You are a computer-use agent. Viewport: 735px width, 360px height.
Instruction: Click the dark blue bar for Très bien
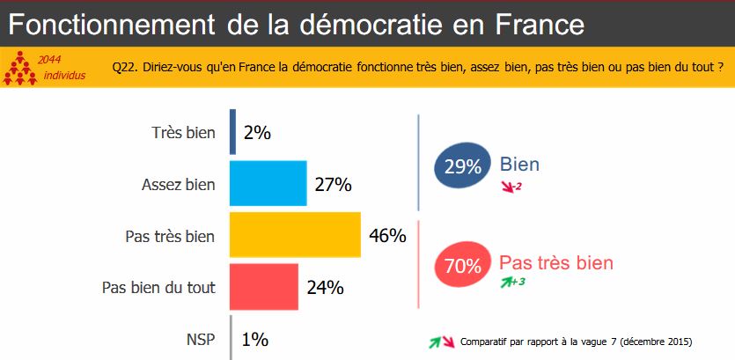pyautogui.click(x=232, y=132)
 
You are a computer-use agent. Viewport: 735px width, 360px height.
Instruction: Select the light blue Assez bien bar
pyautogui.click(x=268, y=184)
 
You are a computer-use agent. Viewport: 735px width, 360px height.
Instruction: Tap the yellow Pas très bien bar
pyautogui.click(x=295, y=235)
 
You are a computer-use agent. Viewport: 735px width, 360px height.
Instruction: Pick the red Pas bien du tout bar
pyautogui.click(x=264, y=286)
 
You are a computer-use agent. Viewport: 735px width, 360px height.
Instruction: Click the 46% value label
pyautogui.click(x=387, y=236)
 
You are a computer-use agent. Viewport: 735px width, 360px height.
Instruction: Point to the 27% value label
pyautogui.click(x=334, y=185)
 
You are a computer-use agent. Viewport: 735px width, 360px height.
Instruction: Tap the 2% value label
pyautogui.click(x=257, y=133)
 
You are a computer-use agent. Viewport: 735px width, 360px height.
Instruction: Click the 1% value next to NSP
pyautogui.click(x=254, y=338)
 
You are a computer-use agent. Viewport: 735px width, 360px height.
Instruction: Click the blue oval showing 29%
pyautogui.click(x=461, y=165)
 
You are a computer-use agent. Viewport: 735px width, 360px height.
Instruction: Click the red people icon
pyautogui.click(x=20, y=69)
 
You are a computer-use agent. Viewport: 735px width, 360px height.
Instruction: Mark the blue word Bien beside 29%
pyautogui.click(x=519, y=165)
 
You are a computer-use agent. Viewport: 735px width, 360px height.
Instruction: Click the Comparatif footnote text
pyautogui.click(x=576, y=342)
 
